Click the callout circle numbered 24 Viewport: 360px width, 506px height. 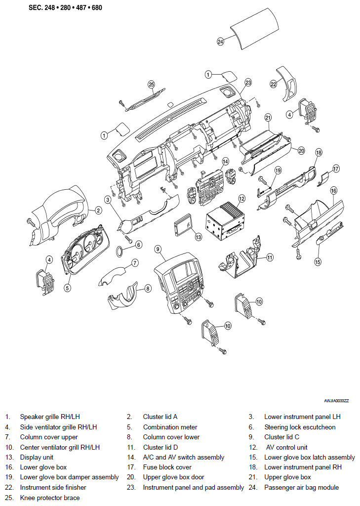click(x=220, y=42)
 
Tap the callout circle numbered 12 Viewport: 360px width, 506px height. click(x=241, y=199)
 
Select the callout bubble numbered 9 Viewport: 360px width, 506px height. click(x=158, y=249)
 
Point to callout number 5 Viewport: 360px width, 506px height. click(x=67, y=288)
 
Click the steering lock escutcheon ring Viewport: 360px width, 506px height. click(x=120, y=251)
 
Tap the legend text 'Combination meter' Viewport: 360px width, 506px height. click(x=170, y=427)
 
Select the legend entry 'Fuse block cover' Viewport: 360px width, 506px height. click(x=167, y=467)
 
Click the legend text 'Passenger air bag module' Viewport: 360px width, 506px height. click(x=301, y=487)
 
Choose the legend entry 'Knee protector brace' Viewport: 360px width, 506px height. click(x=50, y=498)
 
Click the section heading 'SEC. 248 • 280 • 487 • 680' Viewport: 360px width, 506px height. click(x=65, y=7)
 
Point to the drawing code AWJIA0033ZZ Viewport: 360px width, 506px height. click(x=336, y=401)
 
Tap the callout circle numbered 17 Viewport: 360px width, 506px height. click(x=336, y=169)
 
